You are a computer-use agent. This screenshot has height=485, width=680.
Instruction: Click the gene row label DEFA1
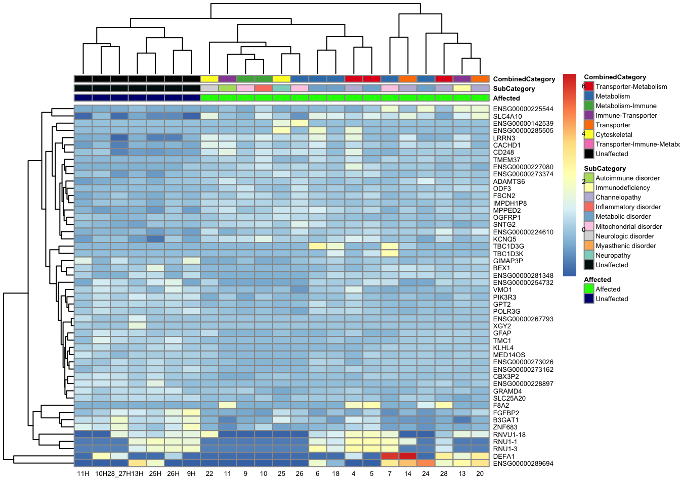coord(504,456)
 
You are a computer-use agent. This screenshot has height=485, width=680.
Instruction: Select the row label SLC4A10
coord(507,116)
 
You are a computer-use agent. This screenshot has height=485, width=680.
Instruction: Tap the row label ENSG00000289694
coord(523,463)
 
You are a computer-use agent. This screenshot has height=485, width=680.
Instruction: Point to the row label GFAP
coord(502,333)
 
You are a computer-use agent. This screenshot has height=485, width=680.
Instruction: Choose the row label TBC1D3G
coord(508,247)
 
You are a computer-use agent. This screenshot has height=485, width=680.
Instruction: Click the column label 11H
coord(83,473)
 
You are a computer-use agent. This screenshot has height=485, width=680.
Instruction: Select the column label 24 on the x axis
coord(426,473)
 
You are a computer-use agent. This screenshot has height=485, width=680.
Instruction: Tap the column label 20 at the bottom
coord(480,473)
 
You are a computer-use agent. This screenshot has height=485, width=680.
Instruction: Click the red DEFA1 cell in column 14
coord(408,456)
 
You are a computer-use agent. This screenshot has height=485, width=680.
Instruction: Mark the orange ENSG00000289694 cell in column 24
coord(426,463)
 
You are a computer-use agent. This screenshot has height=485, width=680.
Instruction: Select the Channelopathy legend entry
coord(618,197)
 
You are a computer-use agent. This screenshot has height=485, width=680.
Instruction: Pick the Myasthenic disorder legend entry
coord(625,246)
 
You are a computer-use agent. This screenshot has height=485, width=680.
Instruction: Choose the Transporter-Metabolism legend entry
coord(631,86)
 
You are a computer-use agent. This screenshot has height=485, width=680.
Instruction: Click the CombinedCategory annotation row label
coord(524,79)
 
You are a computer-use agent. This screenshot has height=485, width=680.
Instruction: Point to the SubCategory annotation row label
coord(514,88)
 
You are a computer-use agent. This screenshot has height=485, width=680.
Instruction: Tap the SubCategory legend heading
coord(605,168)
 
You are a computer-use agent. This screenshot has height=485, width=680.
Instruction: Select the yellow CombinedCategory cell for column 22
coord(209,79)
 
